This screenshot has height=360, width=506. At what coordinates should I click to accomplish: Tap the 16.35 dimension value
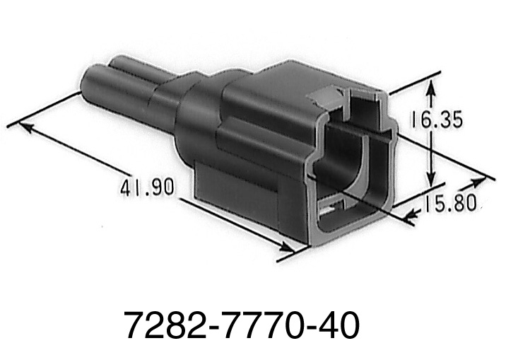pos(437,120)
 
